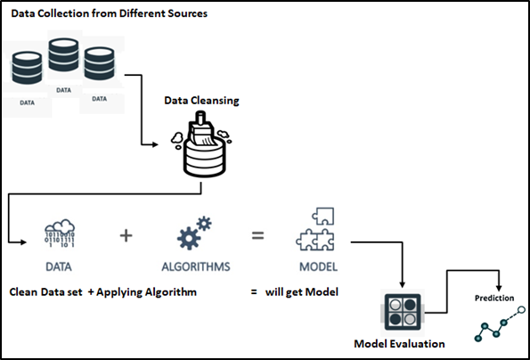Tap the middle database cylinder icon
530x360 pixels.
[63, 59]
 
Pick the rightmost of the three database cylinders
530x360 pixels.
[99, 65]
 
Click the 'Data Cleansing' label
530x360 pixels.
[201, 101]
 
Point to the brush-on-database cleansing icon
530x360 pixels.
[202, 148]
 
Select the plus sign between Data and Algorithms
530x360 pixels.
[126, 237]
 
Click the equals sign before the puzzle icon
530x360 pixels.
[257, 237]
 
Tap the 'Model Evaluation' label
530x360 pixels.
[399, 343]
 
